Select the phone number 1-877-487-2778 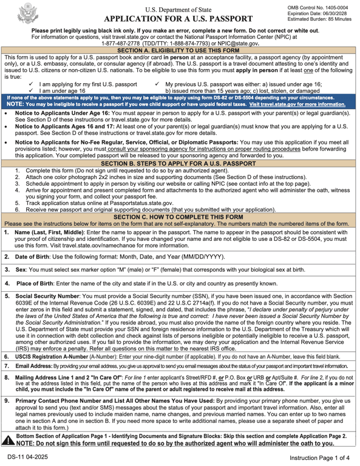pos(124,44)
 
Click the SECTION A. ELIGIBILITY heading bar pos(180,50)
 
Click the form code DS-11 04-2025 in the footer pos(29,456)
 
